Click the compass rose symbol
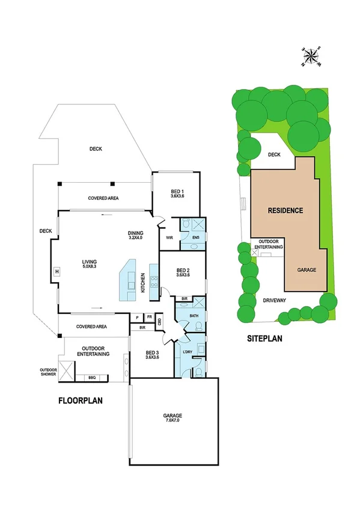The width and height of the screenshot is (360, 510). point(311,57)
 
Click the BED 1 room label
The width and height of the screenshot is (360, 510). point(177,193)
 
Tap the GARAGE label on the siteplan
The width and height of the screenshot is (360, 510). point(307,270)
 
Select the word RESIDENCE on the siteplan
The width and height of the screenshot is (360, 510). point(285,210)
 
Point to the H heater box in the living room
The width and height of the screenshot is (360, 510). point(56,271)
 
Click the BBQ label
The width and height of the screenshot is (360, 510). point(92,378)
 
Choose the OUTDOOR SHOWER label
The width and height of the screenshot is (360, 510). point(48,372)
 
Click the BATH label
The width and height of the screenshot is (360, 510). point(194,315)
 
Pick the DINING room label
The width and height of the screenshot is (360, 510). point(137,235)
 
